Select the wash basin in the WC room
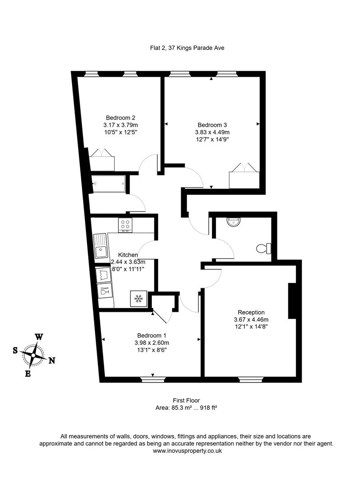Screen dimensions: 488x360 tap(234, 221)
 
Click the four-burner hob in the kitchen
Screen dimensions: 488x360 tap(126, 225)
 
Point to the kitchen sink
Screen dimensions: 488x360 tap(100, 246)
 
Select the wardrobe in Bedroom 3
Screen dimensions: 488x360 tap(244, 177)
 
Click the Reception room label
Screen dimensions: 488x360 tap(251, 312)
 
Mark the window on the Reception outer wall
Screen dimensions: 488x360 tap(252, 380)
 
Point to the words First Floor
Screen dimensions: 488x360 tap(186, 400)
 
